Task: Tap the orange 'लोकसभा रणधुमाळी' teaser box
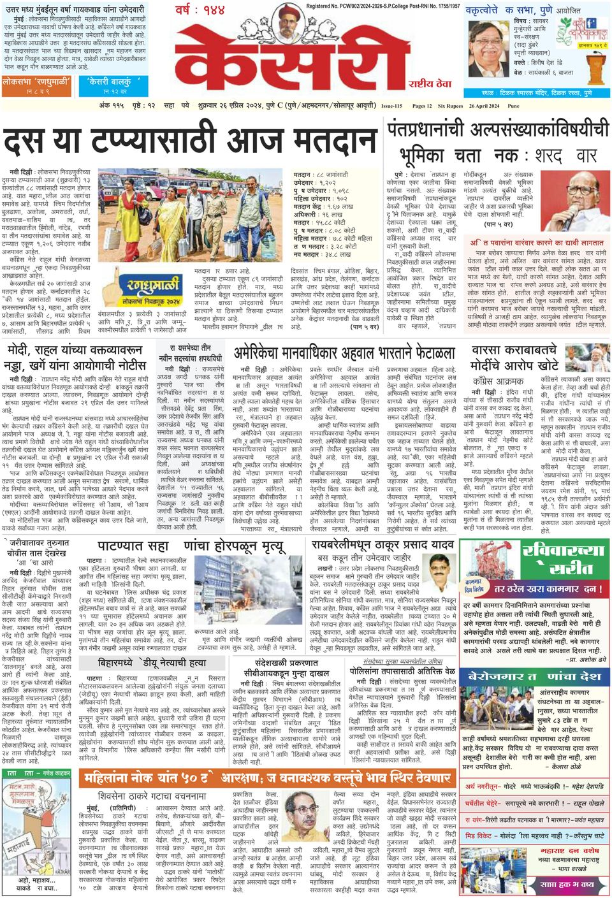click(38, 85)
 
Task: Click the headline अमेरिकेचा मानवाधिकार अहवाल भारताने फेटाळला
click(344, 353)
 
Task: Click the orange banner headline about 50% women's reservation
click(268, 778)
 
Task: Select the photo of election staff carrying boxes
click(189, 214)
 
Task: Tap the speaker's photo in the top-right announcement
click(488, 57)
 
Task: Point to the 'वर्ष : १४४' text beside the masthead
click(200, 10)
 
